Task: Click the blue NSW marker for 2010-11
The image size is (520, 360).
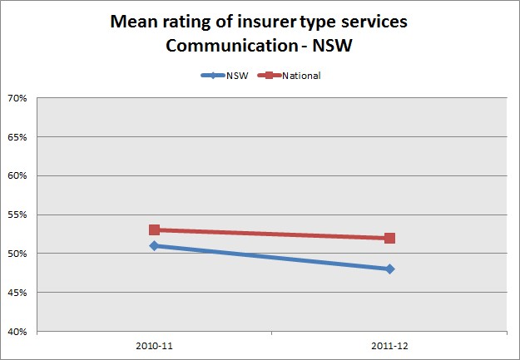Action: click(x=154, y=245)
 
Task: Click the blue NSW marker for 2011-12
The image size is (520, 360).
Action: click(x=389, y=269)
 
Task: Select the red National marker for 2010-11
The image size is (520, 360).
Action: click(x=154, y=229)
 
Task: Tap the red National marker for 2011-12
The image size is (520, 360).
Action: click(x=389, y=238)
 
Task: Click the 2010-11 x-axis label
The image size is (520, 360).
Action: click(x=154, y=343)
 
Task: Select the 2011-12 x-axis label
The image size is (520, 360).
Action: click(x=389, y=343)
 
